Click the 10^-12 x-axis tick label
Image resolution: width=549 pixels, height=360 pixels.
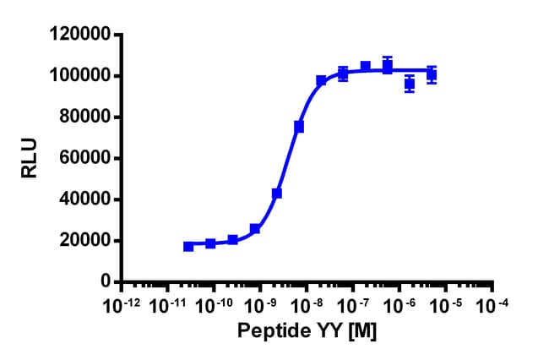click(x=120, y=303)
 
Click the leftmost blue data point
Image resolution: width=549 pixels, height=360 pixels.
click(x=188, y=246)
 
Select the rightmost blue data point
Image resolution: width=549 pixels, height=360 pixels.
click(x=432, y=74)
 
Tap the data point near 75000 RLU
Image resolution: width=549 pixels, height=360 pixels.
click(x=299, y=127)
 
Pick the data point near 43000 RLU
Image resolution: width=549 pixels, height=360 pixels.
click(x=277, y=194)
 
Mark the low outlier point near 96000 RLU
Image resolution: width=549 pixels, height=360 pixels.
click(x=410, y=84)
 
